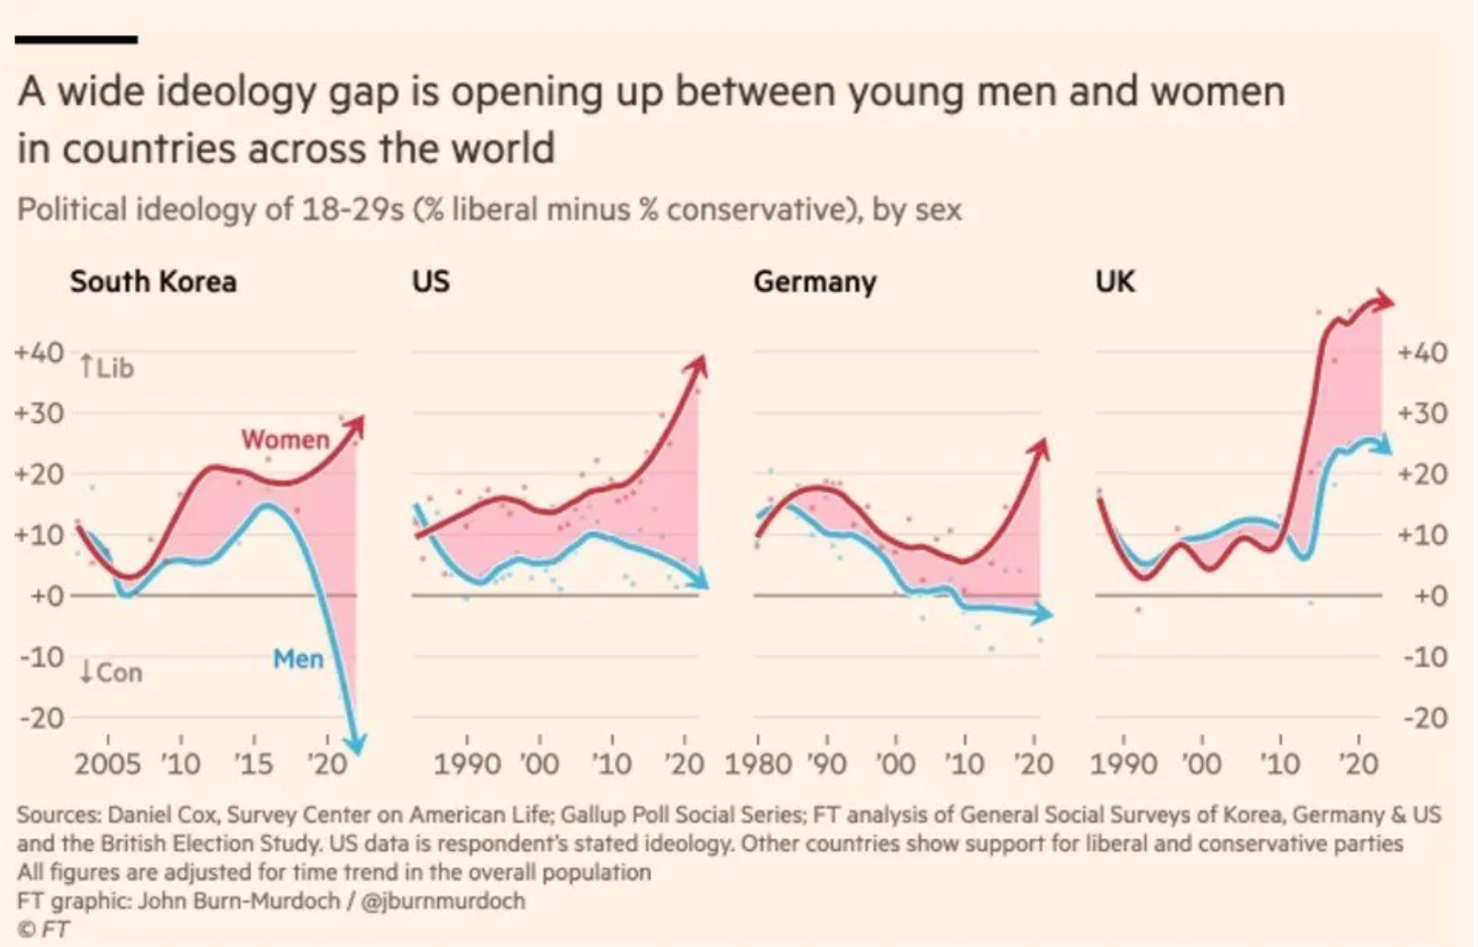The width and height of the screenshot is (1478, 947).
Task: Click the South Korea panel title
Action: (x=152, y=282)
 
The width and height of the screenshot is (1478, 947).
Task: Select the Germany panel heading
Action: (x=815, y=282)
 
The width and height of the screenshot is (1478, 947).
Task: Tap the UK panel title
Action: (x=1115, y=282)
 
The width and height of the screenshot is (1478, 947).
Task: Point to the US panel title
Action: (x=430, y=282)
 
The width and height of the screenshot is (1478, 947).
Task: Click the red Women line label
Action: (x=285, y=439)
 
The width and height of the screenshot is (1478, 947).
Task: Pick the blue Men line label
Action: (x=298, y=659)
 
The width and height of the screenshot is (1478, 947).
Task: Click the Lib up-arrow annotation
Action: (x=107, y=367)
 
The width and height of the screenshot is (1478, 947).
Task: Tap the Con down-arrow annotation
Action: (x=110, y=672)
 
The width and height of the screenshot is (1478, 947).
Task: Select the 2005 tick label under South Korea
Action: (x=107, y=765)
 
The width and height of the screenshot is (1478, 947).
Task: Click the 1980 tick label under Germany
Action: (x=758, y=765)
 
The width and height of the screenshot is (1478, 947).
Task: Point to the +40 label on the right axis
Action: (x=1423, y=353)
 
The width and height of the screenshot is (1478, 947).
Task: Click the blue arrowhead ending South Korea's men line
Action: (x=356, y=744)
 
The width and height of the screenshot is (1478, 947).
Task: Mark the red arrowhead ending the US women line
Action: (x=698, y=365)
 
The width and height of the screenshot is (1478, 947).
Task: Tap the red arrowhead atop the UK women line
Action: (x=1383, y=301)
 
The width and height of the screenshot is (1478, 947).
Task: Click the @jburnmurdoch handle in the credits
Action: (x=442, y=900)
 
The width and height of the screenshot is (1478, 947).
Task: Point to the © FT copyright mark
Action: (x=43, y=929)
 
